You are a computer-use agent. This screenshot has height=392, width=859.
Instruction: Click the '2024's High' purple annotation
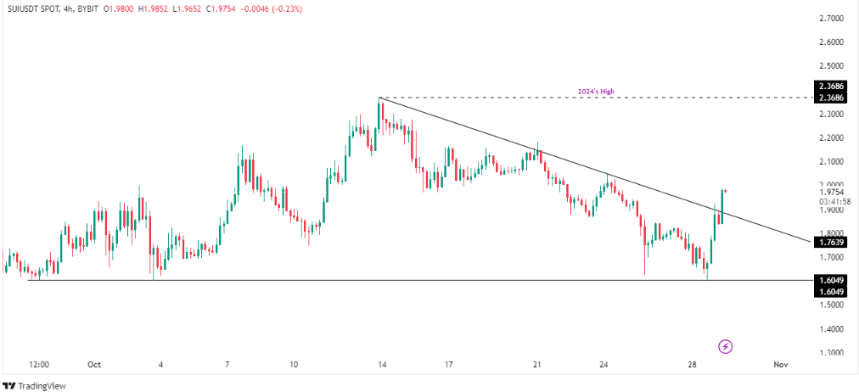click(607, 91)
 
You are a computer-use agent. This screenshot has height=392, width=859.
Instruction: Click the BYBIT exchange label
click(91, 9)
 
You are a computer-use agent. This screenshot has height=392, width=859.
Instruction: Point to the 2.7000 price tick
click(832, 18)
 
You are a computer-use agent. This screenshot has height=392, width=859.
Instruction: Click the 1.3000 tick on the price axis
click(832, 352)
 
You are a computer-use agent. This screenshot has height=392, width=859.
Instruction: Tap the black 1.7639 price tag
click(832, 243)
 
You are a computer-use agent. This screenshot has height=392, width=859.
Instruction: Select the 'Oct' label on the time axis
click(93, 364)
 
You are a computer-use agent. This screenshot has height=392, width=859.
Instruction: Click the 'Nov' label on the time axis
click(781, 364)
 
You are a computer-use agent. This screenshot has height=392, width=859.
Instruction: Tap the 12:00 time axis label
click(39, 364)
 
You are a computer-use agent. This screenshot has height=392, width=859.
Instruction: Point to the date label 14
click(383, 364)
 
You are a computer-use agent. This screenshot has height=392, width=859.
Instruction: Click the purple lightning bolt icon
click(726, 345)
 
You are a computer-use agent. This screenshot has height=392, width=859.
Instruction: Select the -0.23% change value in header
click(285, 9)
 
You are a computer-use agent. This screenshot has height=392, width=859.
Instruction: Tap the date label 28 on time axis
click(693, 364)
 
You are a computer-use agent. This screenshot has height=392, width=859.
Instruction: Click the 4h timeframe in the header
click(68, 9)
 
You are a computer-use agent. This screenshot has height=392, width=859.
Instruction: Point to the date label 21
click(537, 364)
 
